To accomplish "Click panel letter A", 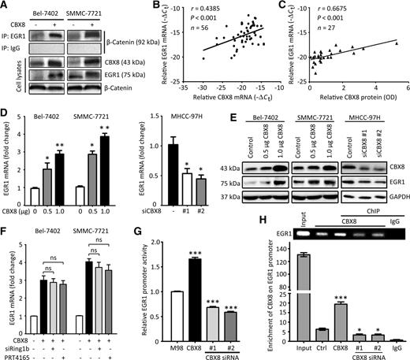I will pos(6,6).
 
